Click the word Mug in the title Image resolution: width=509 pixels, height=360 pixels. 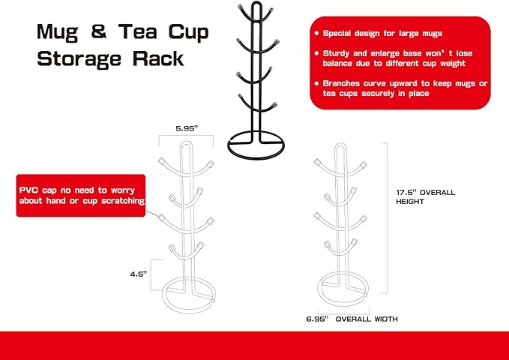coord(58,33)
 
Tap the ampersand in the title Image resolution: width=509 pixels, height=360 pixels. coord(98,31)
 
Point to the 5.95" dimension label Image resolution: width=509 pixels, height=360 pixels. coord(187,128)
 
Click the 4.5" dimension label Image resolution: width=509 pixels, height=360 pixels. coord(139,274)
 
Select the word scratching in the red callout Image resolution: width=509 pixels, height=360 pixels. coord(123,201)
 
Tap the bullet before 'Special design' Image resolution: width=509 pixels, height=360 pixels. coord(316,33)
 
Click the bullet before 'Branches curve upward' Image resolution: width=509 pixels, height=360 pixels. coord(316,83)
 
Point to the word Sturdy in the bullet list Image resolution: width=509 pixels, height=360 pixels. coord(336,53)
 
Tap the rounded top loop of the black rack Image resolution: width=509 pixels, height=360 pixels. coord(256,2)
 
